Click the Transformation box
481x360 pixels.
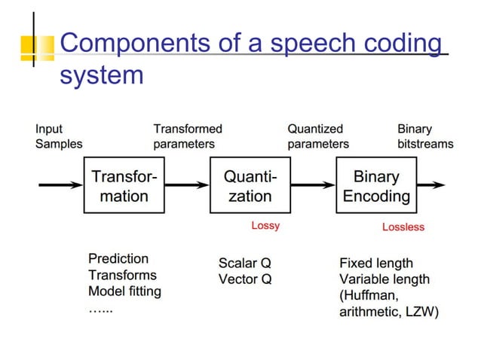pyautogui.click(x=124, y=186)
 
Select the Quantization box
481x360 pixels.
pyautogui.click(x=250, y=186)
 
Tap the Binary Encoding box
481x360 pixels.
pyautogui.click(x=376, y=186)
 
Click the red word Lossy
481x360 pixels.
pyautogui.click(x=265, y=225)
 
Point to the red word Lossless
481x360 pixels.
pyautogui.click(x=403, y=227)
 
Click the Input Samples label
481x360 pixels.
pyautogui.click(x=59, y=136)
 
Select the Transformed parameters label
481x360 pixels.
pyautogui.click(x=188, y=136)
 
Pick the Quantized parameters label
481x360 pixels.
pyautogui.click(x=318, y=136)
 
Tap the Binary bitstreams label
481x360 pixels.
pyautogui.click(x=424, y=136)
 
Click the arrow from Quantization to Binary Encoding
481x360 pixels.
pyautogui.click(x=313, y=186)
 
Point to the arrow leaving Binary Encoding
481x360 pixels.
pyautogui.click(x=430, y=186)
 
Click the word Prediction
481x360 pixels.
pyautogui.click(x=118, y=258)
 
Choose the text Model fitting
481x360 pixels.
pyautogui.click(x=124, y=291)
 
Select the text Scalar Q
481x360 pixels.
pyautogui.click(x=244, y=263)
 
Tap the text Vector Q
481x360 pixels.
pyautogui.click(x=244, y=279)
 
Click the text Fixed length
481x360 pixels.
pyautogui.click(x=375, y=263)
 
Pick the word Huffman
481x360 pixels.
pyautogui.click(x=372, y=296)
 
